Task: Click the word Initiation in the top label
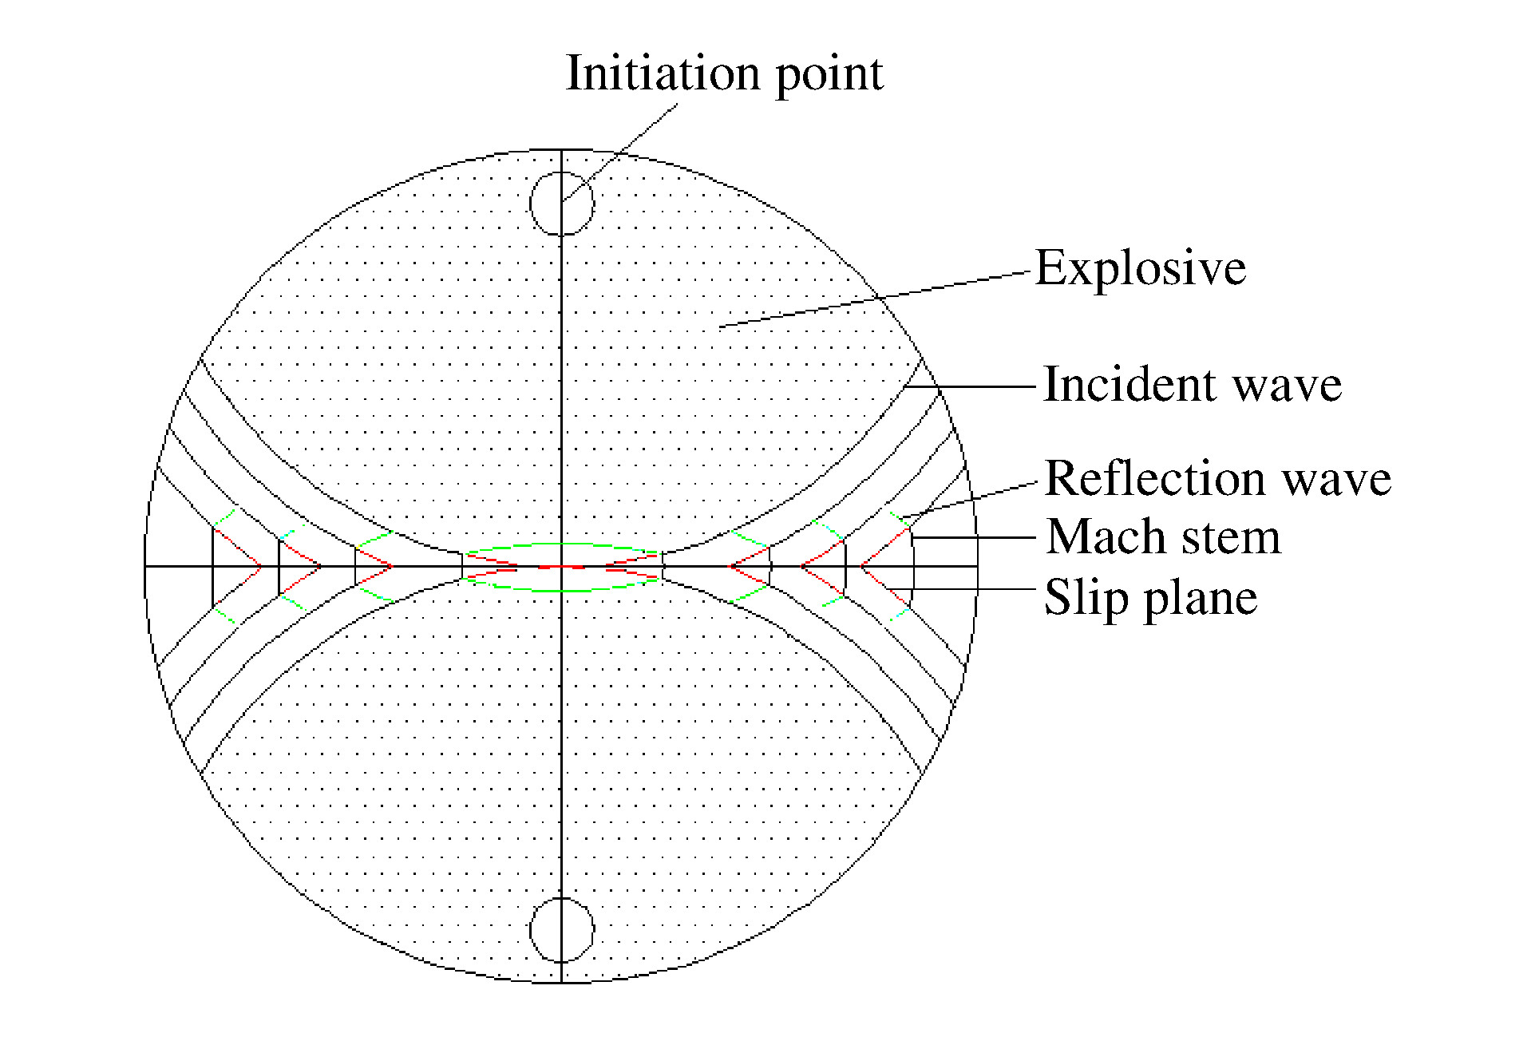(x=663, y=73)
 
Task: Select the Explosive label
(x=1141, y=267)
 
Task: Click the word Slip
(x=1078, y=598)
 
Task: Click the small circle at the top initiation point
(x=562, y=204)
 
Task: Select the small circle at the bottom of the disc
(x=562, y=930)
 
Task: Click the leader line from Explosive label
(x=878, y=299)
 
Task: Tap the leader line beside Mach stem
(x=974, y=537)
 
